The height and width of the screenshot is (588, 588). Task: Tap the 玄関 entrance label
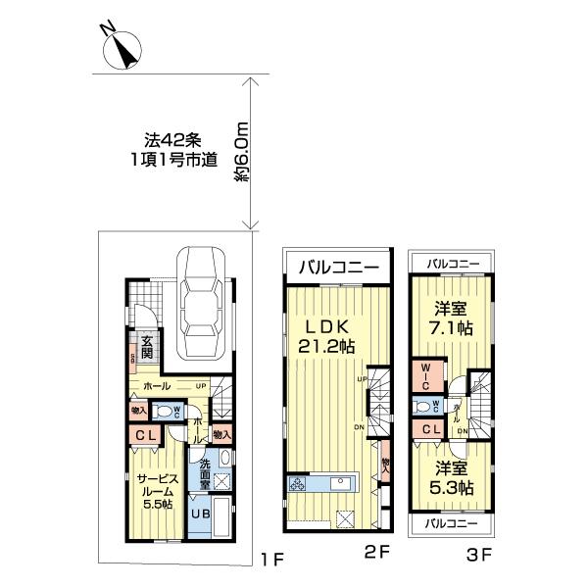[147, 348]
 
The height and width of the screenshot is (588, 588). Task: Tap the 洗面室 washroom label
[202, 473]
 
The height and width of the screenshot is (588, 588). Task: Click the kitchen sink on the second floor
[344, 483]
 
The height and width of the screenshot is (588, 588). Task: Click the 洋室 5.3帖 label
[452, 476]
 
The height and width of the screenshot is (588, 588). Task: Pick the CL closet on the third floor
[431, 428]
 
